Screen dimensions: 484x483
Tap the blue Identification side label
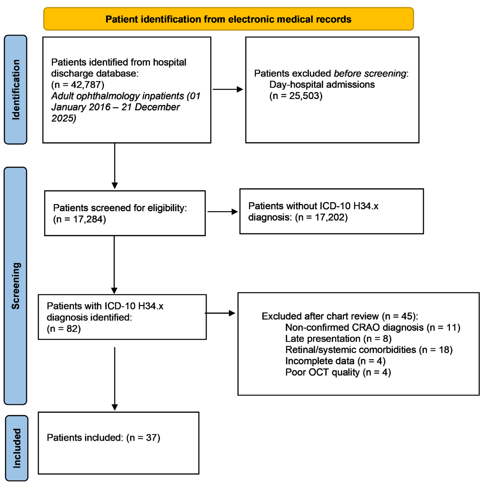(x=16, y=89)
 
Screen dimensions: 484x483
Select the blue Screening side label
(x=16, y=286)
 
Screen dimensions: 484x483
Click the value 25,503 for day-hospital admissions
(x=305, y=96)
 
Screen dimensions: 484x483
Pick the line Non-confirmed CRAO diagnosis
(x=372, y=327)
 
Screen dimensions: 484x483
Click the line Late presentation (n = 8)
(x=338, y=339)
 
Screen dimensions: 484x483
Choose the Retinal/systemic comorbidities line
(x=369, y=350)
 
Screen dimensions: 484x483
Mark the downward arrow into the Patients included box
(x=115, y=378)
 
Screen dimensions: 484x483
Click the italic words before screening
(x=370, y=73)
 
